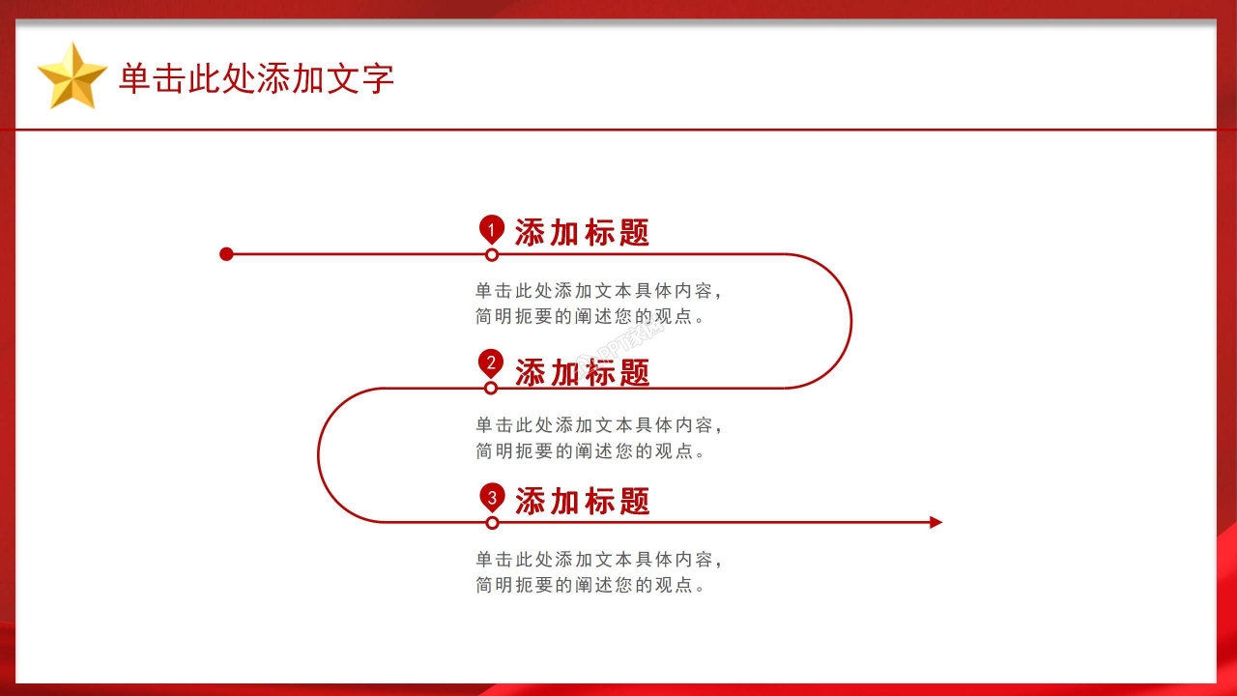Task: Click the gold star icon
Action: [x=72, y=75]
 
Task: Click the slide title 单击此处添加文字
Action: [x=256, y=78]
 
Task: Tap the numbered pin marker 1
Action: [x=492, y=229]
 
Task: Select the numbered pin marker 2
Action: [x=491, y=363]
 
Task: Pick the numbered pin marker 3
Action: [x=492, y=497]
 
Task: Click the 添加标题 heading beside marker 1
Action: [x=582, y=233]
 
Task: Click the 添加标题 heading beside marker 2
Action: [x=582, y=372]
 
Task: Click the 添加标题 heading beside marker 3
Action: [x=582, y=501]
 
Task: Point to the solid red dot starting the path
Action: [x=227, y=254]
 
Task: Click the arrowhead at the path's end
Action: [x=935, y=522]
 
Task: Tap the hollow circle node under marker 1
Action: [x=492, y=255]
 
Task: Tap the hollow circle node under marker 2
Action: [x=491, y=388]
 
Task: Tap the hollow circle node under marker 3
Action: [x=492, y=523]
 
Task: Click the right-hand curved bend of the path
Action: [x=850, y=321]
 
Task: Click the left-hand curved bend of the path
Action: [x=319, y=454]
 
